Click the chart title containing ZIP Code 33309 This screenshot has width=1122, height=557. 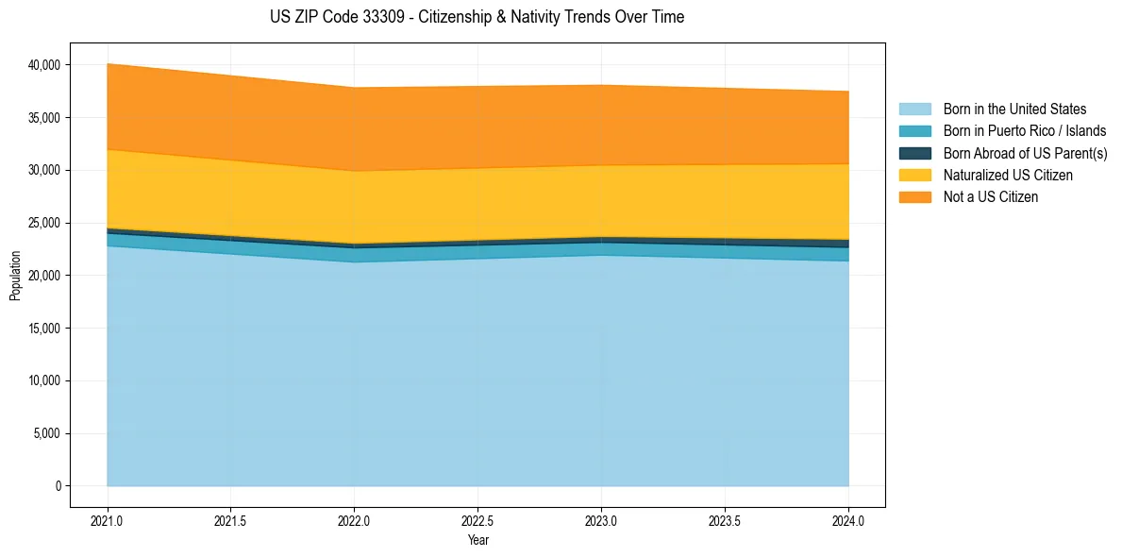tap(477, 17)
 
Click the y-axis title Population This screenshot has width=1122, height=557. tap(15, 276)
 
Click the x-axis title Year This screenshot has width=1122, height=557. tap(477, 540)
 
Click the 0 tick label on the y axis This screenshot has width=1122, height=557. tap(58, 486)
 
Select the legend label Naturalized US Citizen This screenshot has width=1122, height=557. tap(1008, 176)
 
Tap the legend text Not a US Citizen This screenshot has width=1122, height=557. tap(991, 197)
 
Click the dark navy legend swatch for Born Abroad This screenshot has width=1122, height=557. tap(914, 153)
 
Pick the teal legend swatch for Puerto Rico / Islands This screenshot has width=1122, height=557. tap(914, 131)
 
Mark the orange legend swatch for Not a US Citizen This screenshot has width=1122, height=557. tap(914, 197)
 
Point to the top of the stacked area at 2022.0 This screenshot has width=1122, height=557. tap(354, 88)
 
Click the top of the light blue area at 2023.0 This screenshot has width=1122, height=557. tap(601, 256)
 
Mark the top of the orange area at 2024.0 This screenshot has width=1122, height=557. tap(848, 92)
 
